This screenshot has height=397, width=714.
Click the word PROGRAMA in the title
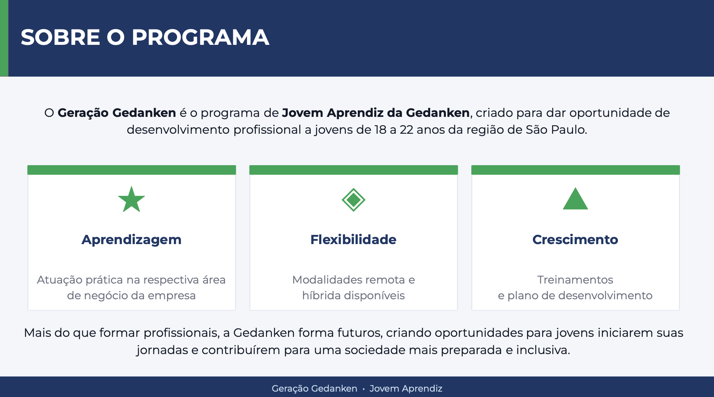click(x=200, y=37)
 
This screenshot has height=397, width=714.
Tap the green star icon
click(x=131, y=199)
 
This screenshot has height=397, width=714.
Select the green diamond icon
click(x=354, y=200)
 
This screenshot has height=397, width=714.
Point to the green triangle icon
click(x=575, y=199)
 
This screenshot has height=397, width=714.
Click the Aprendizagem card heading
click(x=131, y=240)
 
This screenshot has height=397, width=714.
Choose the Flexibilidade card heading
click(x=353, y=240)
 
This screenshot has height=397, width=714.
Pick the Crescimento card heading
click(x=575, y=240)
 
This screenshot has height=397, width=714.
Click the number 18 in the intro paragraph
click(x=380, y=130)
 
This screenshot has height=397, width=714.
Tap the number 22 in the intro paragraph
click(x=406, y=130)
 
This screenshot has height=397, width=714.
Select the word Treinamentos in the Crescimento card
click(x=575, y=280)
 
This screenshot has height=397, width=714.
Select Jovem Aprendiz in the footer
click(x=406, y=389)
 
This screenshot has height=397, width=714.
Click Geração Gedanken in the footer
click(x=314, y=389)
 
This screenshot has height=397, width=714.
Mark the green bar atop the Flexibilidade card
click(x=354, y=170)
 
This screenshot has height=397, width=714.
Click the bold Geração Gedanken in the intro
click(x=117, y=113)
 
